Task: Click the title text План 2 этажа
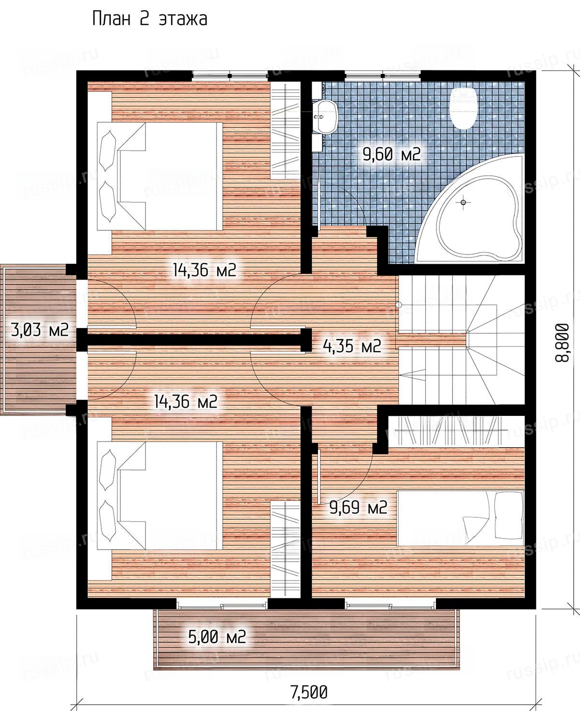tap(149, 19)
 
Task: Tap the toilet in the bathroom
tap(463, 108)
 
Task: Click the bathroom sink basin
tap(325, 117)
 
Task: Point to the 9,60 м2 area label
tap(391, 155)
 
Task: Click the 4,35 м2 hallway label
tap(352, 345)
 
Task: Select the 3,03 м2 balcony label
tap(40, 329)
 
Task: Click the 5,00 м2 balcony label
tap(217, 637)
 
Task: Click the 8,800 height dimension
tap(562, 342)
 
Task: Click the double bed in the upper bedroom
tap(160, 176)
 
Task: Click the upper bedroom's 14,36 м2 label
tap(204, 270)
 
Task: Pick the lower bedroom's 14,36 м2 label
tap(185, 401)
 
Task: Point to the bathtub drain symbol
tap(463, 202)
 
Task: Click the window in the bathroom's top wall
tap(383, 75)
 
